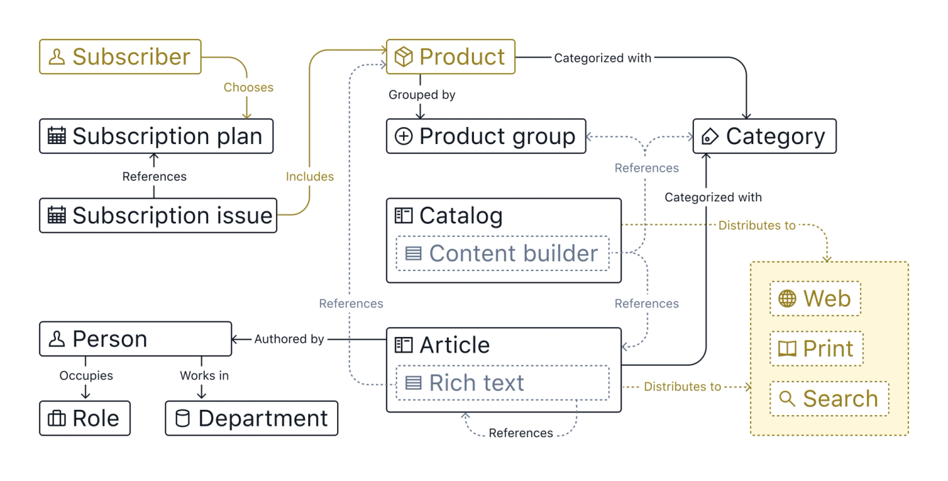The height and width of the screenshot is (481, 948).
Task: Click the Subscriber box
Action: pyautogui.click(x=120, y=57)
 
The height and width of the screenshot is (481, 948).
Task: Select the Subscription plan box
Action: pyautogui.click(x=156, y=136)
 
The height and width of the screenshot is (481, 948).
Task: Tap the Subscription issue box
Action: pyautogui.click(x=158, y=216)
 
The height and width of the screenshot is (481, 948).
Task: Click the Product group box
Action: pyautogui.click(x=486, y=136)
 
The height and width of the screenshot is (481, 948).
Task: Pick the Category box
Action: pyautogui.click(x=764, y=136)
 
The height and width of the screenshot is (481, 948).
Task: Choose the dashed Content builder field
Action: pyautogui.click(x=502, y=253)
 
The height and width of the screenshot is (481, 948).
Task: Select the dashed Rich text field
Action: pyautogui.click(x=502, y=383)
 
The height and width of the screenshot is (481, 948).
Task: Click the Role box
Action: pyautogui.click(x=85, y=418)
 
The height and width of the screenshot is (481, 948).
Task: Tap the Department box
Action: pyautogui.click(x=251, y=418)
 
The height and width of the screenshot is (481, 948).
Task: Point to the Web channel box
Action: pyautogui.click(x=815, y=299)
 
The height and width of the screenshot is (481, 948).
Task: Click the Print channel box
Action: pyautogui.click(x=816, y=349)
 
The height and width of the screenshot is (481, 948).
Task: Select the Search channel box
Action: pyautogui.click(x=829, y=399)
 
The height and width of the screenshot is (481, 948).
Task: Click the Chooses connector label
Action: pyautogui.click(x=248, y=88)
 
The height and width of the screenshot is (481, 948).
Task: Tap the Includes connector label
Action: pyautogui.click(x=309, y=176)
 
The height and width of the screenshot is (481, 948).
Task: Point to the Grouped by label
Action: pyautogui.click(x=422, y=95)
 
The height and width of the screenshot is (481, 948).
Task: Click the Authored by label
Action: pyautogui.click(x=289, y=339)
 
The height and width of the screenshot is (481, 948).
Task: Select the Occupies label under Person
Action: pyautogui.click(x=86, y=376)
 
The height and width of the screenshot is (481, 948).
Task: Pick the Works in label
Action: pyautogui.click(x=204, y=376)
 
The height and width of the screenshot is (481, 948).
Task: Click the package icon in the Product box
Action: pyautogui.click(x=404, y=57)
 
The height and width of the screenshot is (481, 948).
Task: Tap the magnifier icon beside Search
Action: pyautogui.click(x=787, y=399)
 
